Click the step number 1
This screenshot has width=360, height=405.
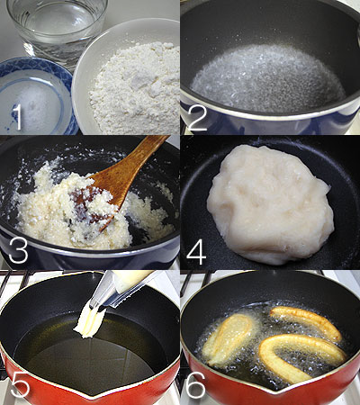[x=17, y=117]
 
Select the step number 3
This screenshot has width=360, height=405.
[x=18, y=250]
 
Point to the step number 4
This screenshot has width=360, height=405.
[x=196, y=251]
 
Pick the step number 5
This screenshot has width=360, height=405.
[x=20, y=385]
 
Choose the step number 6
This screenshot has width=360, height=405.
[x=196, y=385]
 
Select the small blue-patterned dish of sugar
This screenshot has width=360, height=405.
[x=36, y=96]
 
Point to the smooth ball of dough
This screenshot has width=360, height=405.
[x=269, y=204]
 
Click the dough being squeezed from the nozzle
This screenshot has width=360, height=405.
[x=89, y=321]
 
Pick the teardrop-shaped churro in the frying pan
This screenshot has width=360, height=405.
[x=229, y=339]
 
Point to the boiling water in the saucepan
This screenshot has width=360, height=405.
[x=268, y=79]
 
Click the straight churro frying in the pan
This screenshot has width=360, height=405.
[x=306, y=322]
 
